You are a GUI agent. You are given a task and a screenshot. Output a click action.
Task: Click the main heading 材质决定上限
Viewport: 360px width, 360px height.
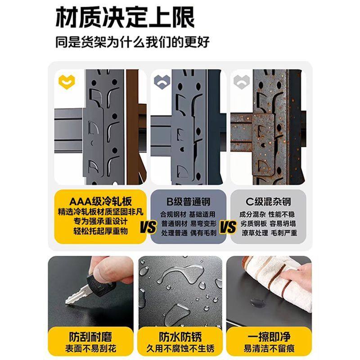click(x=125, y=19)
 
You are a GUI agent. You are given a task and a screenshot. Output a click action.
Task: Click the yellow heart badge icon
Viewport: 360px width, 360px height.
click(x=67, y=82)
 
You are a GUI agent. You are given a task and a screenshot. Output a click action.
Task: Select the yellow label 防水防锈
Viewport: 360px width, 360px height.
click(x=180, y=336)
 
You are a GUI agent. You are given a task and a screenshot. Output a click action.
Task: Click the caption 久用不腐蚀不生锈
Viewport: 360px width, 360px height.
click(x=180, y=349)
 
